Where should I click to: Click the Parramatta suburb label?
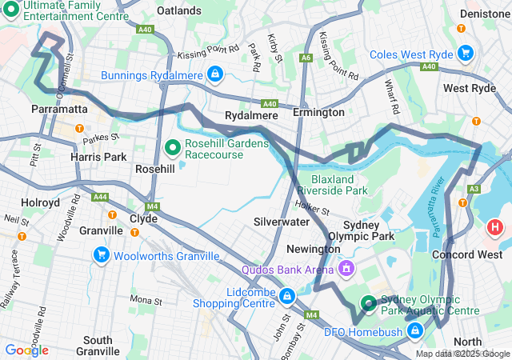(x=58, y=108)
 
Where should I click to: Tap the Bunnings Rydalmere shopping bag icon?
(x=214, y=74)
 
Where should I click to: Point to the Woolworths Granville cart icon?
(x=102, y=255)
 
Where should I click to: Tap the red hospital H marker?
(x=495, y=227)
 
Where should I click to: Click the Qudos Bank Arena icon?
(x=346, y=268)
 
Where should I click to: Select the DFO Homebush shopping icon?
(x=414, y=330)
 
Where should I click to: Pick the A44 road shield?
(x=100, y=196)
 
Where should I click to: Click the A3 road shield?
(x=474, y=189)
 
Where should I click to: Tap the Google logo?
(x=26, y=350)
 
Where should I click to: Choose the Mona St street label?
(x=146, y=300)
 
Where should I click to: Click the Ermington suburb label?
(x=318, y=113)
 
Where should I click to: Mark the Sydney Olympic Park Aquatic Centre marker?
(x=368, y=302)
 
